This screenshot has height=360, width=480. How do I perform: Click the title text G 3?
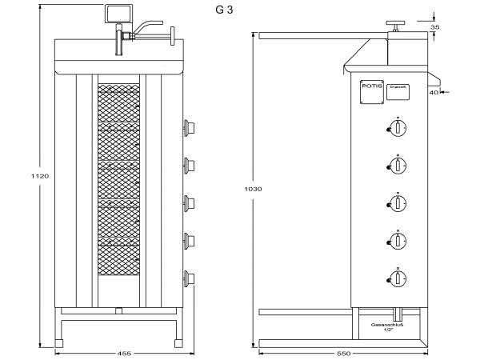click(x=225, y=10)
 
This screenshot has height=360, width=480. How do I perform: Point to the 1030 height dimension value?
click(x=253, y=189)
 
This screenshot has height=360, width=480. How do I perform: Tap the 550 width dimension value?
click(x=345, y=353)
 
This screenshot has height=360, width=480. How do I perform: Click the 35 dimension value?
click(x=434, y=26)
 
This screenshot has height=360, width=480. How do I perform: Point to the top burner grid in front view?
click(x=120, y=103)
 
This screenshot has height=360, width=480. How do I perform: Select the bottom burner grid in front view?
click(x=120, y=256)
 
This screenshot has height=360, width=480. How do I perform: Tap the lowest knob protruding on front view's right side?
click(x=190, y=278)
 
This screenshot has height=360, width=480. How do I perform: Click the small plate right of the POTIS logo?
click(x=398, y=92)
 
